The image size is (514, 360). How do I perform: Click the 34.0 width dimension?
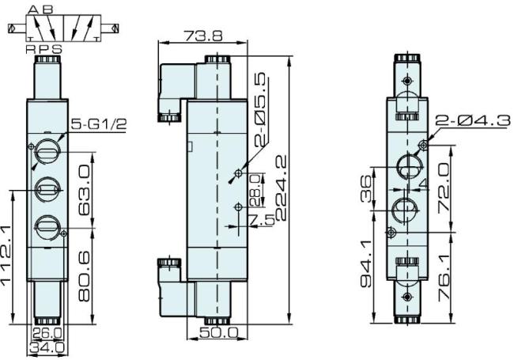tap(45, 346)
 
